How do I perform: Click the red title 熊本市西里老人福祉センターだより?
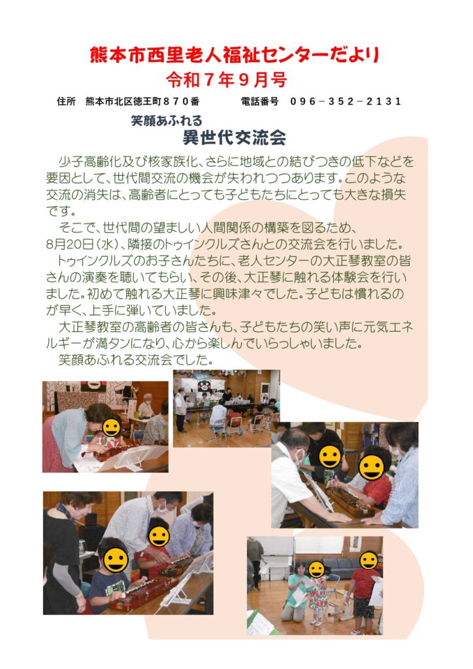coord(235,56)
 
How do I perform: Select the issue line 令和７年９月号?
coord(226,80)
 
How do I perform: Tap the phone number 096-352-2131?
coord(346,101)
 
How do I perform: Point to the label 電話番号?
coord(259,101)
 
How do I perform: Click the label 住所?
coord(66,101)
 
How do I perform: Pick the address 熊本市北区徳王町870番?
coord(142,101)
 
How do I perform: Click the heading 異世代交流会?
coord(234,137)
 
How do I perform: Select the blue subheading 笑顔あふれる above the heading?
coord(167,121)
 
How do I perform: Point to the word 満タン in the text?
coord(117,344)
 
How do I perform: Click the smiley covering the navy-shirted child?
coord(116,560)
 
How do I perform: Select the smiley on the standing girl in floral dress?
coord(316,570)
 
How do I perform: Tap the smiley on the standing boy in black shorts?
coord(368,560)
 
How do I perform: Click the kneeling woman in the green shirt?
coord(295,591)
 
